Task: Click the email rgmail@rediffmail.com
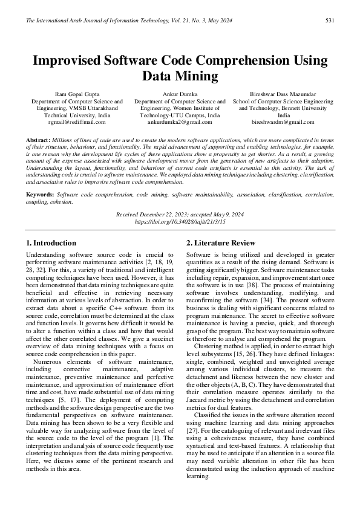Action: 77,122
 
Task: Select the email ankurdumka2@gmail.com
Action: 180,122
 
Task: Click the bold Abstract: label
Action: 38,140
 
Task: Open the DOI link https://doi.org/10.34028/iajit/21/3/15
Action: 180,222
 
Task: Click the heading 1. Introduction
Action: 51,243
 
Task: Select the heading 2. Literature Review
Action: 221,243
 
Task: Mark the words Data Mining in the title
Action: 180,76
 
